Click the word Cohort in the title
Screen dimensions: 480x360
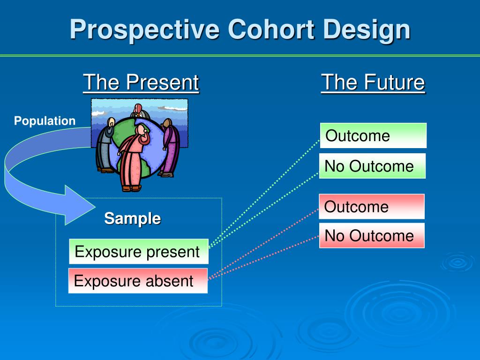point(271,30)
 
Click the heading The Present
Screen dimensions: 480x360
point(141,82)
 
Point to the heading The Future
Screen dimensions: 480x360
point(373,82)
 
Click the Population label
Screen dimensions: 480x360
point(45,121)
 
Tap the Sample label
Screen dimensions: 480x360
point(132,218)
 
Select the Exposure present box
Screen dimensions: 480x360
point(139,251)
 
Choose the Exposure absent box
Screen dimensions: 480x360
point(138,281)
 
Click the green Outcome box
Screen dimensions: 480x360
point(373,135)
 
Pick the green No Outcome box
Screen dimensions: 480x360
point(372,166)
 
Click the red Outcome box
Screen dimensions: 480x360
point(372,207)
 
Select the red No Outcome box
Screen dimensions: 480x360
point(372,235)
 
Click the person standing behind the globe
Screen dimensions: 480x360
point(140,111)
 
